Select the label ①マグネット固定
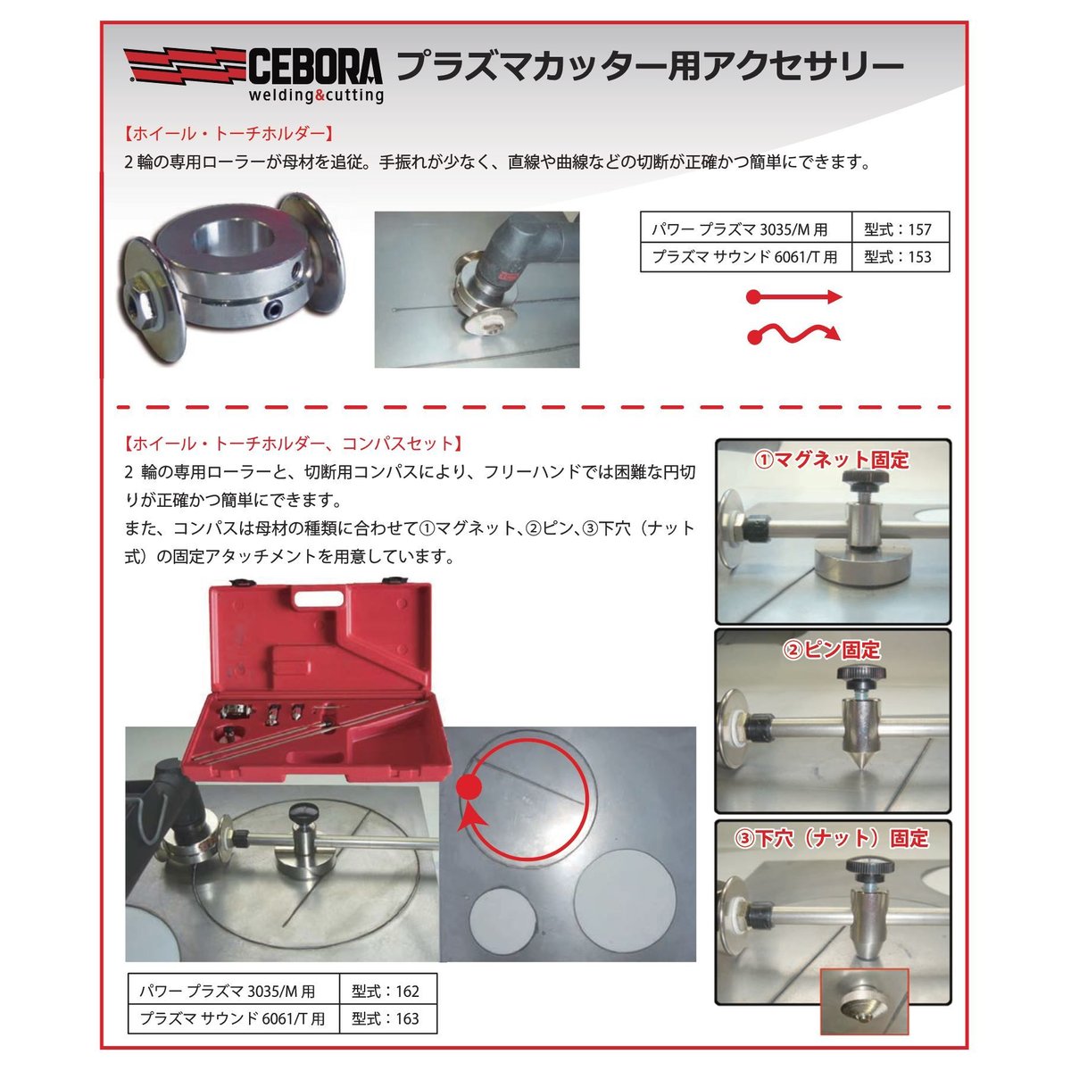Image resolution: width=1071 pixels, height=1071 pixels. pos(832,460)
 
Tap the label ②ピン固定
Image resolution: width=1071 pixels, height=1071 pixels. pos(832,650)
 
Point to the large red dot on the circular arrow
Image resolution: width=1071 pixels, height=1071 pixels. pos(469,786)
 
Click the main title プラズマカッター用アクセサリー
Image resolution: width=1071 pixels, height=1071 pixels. pos(649,66)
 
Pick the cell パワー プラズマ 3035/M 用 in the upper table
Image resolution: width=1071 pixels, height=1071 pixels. pos(745,229)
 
